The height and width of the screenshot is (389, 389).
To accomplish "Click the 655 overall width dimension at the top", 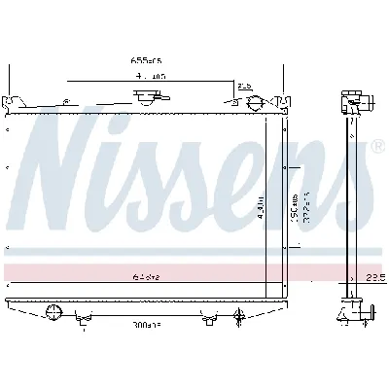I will pyautogui.click(x=145, y=60).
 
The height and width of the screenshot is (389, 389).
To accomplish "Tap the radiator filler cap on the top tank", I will pyautogui.click(x=148, y=97).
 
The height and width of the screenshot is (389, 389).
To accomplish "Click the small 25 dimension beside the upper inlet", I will pyautogui.click(x=244, y=87).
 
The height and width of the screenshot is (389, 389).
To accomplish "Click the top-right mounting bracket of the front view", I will pyautogui.click(x=282, y=100).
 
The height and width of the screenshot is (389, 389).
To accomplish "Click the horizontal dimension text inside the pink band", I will pyautogui.click(x=145, y=276).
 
